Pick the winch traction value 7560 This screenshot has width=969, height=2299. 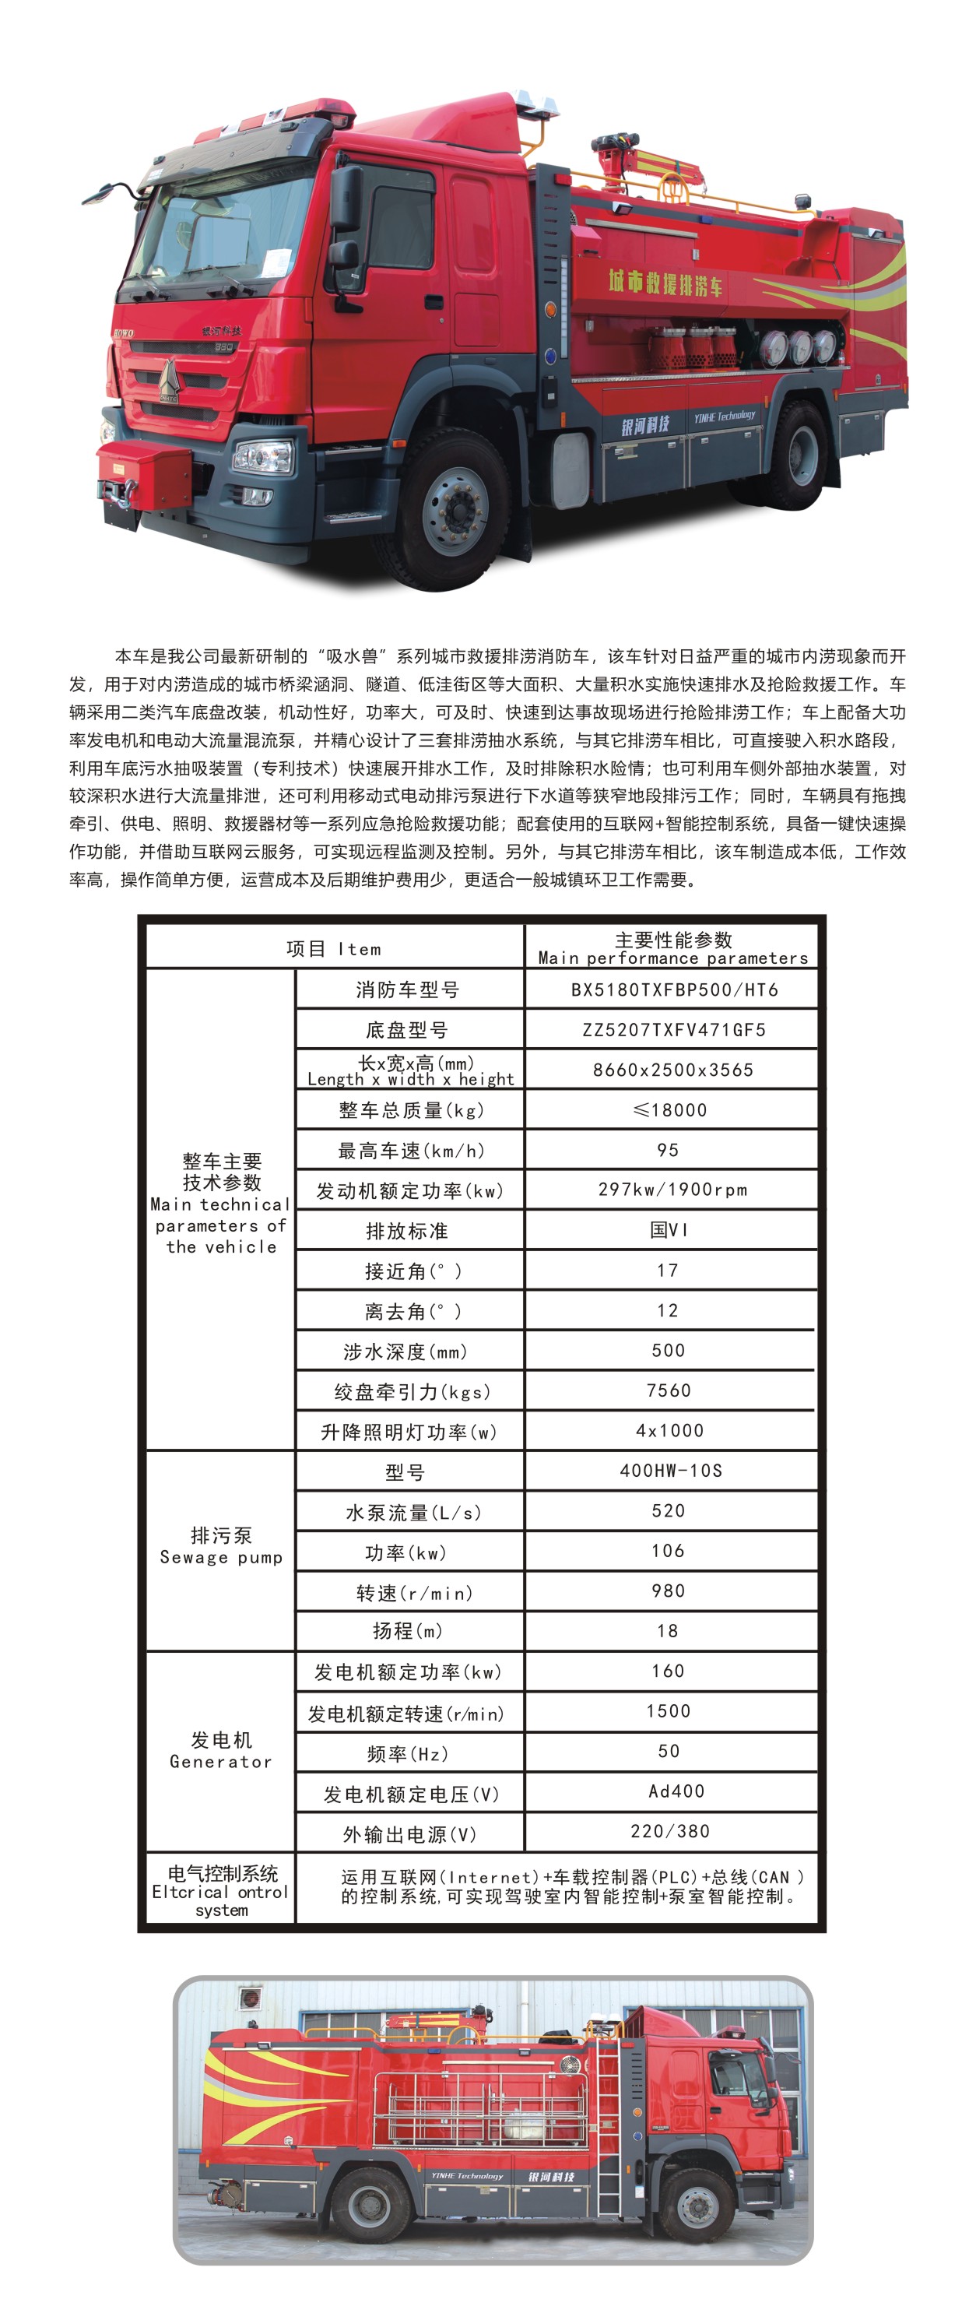[x=669, y=1390]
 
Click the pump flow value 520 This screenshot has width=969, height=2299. [x=669, y=1511]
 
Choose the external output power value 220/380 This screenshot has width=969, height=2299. [x=669, y=1831]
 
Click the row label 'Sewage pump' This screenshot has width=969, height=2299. [x=220, y=1557]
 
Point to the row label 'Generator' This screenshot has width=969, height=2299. [x=220, y=1762]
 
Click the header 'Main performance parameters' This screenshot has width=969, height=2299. [x=672, y=958]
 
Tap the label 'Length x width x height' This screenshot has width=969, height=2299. [x=410, y=1079]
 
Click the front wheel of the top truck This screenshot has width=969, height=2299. [x=456, y=510]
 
